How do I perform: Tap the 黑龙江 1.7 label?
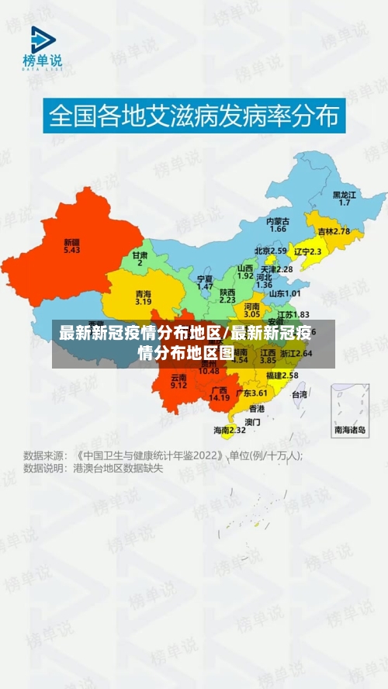344,198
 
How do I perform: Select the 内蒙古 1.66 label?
278,225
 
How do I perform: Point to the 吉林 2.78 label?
333,231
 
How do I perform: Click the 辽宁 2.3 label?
307,251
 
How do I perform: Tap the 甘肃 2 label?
140,258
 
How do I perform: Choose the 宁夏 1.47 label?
205,282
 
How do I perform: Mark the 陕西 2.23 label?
227,295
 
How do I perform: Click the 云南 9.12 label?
178,381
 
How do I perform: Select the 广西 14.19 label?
219,393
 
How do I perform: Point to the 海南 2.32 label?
230,429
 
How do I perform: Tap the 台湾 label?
299,394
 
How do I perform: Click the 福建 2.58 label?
282,376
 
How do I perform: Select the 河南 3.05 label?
251,310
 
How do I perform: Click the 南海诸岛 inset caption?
350,429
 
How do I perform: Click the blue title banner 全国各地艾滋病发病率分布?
194,118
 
